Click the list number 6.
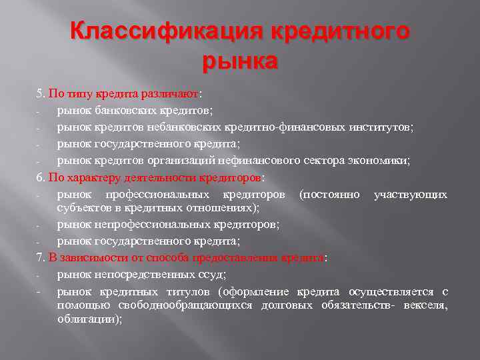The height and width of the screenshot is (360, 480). [39, 178]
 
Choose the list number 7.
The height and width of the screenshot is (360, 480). [39, 258]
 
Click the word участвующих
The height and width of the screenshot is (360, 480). [411, 195]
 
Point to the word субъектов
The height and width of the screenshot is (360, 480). [83, 208]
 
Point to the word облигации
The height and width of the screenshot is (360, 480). [89, 319]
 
